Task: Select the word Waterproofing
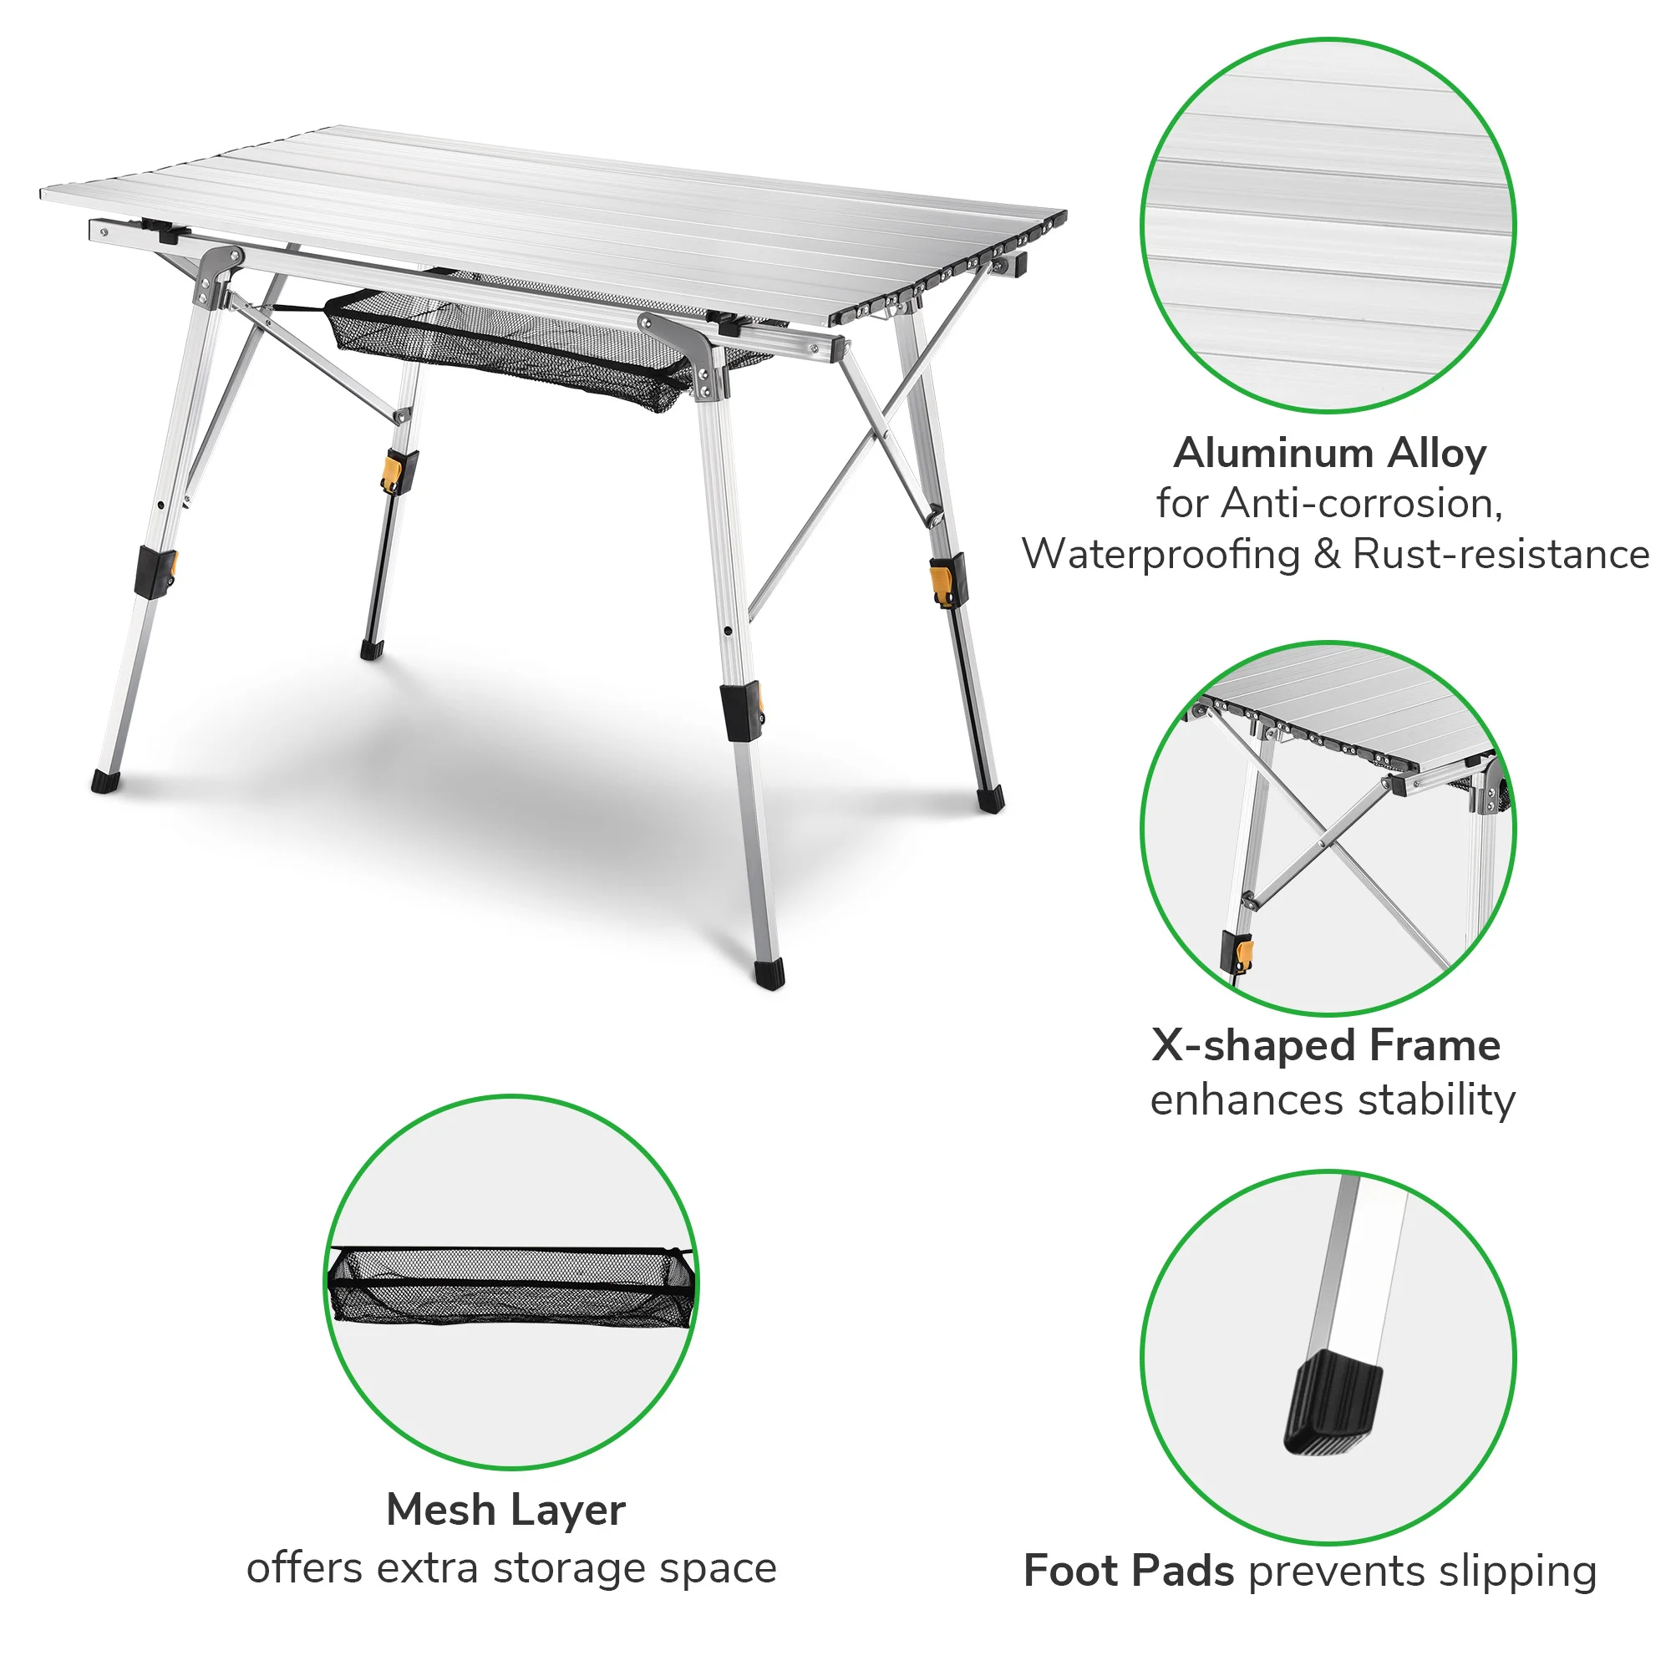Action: tap(1161, 555)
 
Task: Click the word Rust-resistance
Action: tap(1501, 555)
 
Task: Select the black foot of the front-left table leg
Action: tap(105, 781)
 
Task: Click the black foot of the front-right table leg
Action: tap(769, 972)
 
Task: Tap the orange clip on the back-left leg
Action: tap(393, 472)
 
